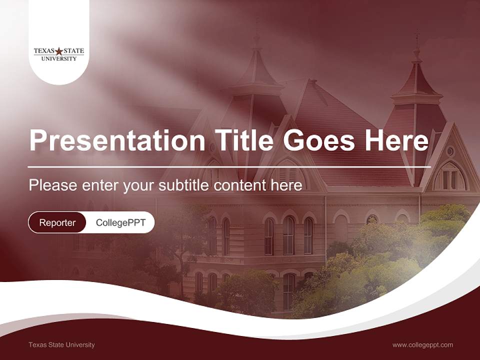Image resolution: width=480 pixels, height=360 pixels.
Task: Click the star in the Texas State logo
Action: click(59, 51)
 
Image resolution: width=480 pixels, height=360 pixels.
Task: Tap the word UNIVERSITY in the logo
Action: click(59, 58)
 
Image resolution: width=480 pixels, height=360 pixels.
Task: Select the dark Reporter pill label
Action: click(57, 222)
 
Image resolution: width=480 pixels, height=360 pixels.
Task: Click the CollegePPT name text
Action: click(120, 222)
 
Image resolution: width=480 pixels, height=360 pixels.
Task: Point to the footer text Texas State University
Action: click(61, 344)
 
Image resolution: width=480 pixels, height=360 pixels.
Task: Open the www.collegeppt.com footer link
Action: click(422, 344)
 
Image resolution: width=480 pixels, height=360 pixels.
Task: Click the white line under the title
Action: click(229, 166)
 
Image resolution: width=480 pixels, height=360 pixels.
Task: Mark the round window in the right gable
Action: click(450, 151)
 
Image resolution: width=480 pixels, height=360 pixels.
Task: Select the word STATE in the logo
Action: click(73, 51)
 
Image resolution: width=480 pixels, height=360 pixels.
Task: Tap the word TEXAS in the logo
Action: click(43, 51)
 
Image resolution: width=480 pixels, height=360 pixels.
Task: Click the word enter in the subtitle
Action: click(100, 185)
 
